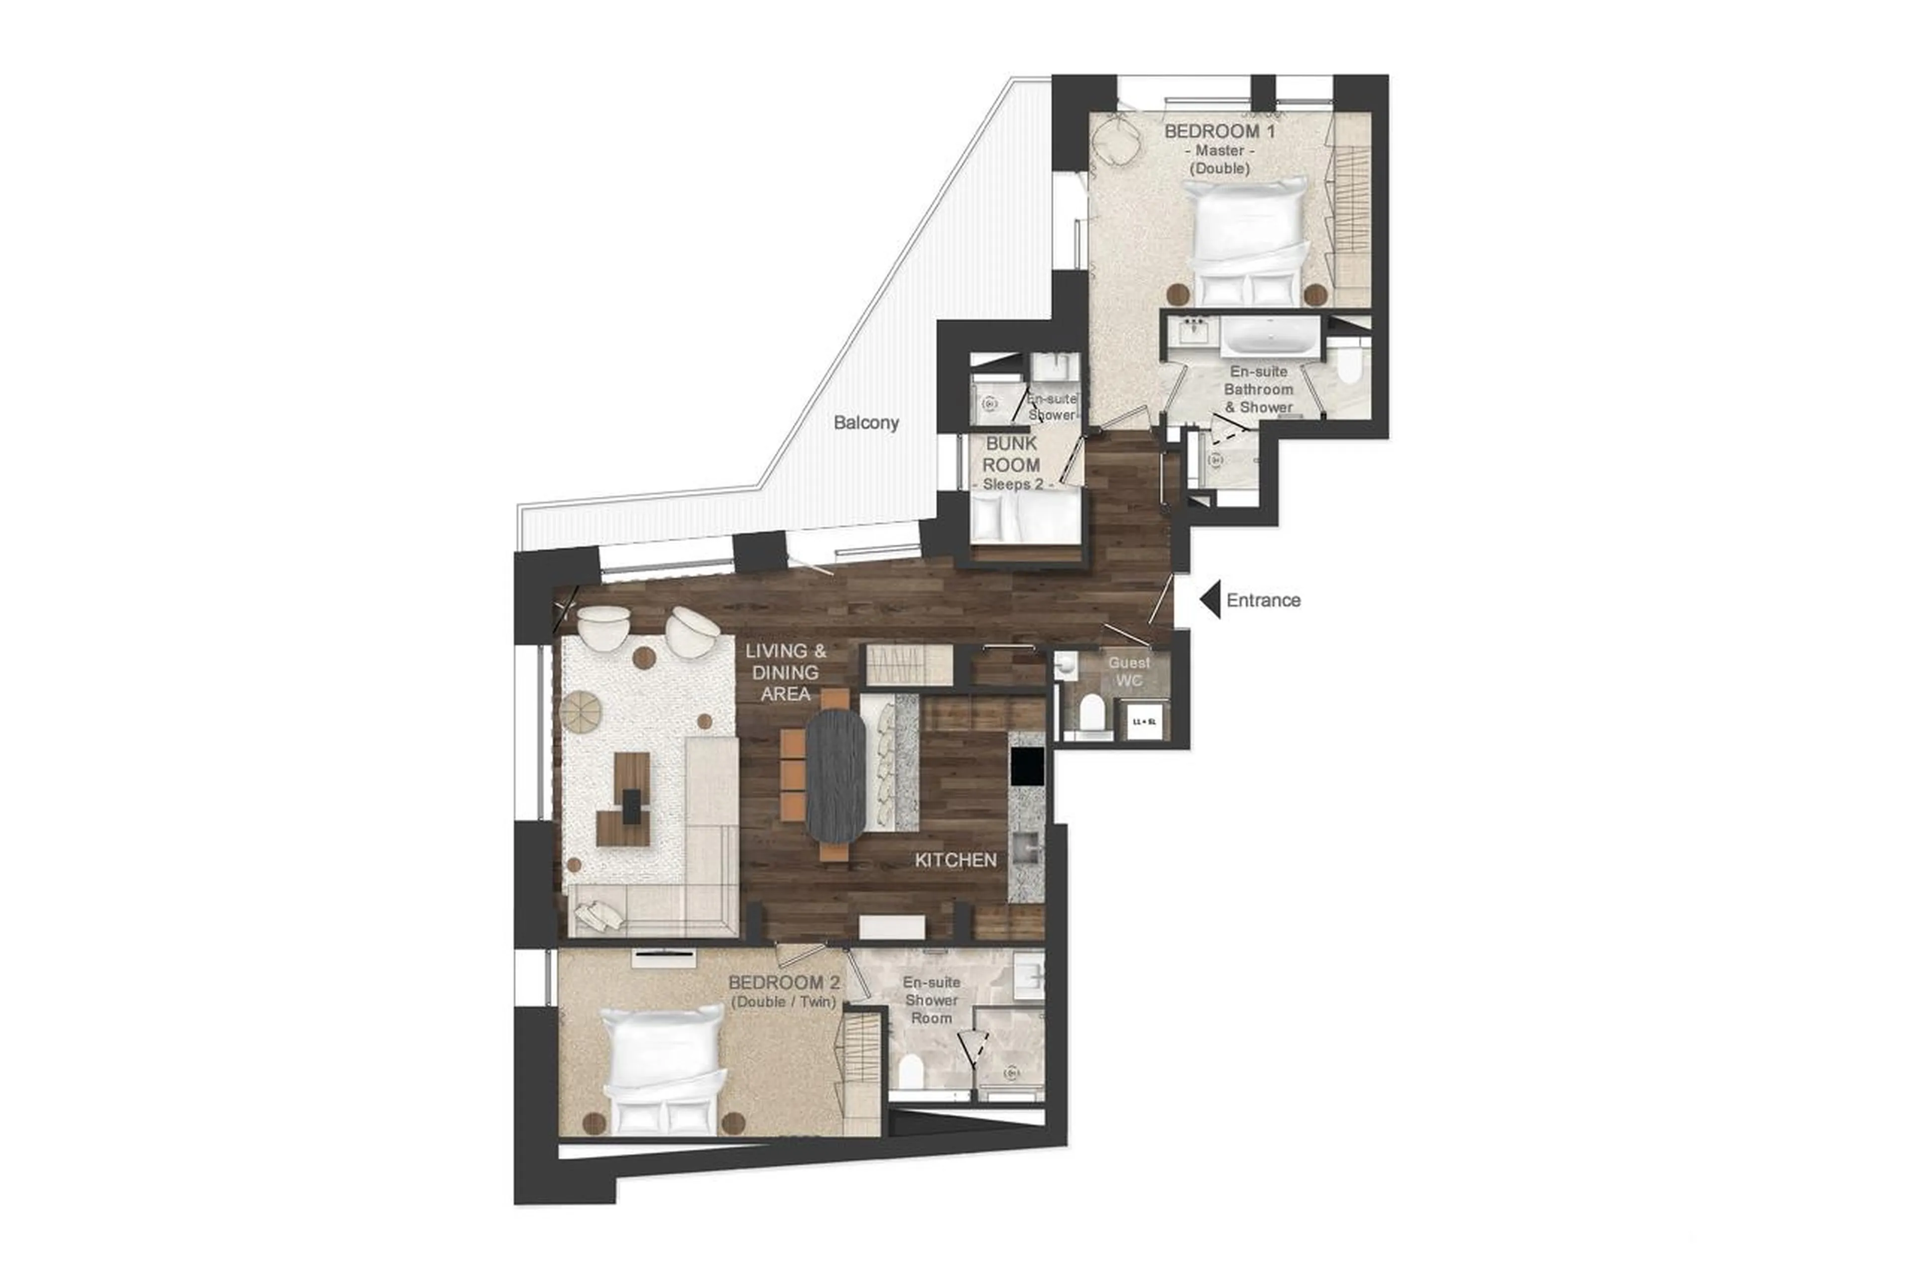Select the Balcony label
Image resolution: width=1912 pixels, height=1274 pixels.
[x=866, y=423]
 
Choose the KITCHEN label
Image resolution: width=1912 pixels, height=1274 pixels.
[x=956, y=860]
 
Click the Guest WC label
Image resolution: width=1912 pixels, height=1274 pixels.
[x=1129, y=671]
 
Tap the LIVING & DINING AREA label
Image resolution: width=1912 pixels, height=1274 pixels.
[x=786, y=672]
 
